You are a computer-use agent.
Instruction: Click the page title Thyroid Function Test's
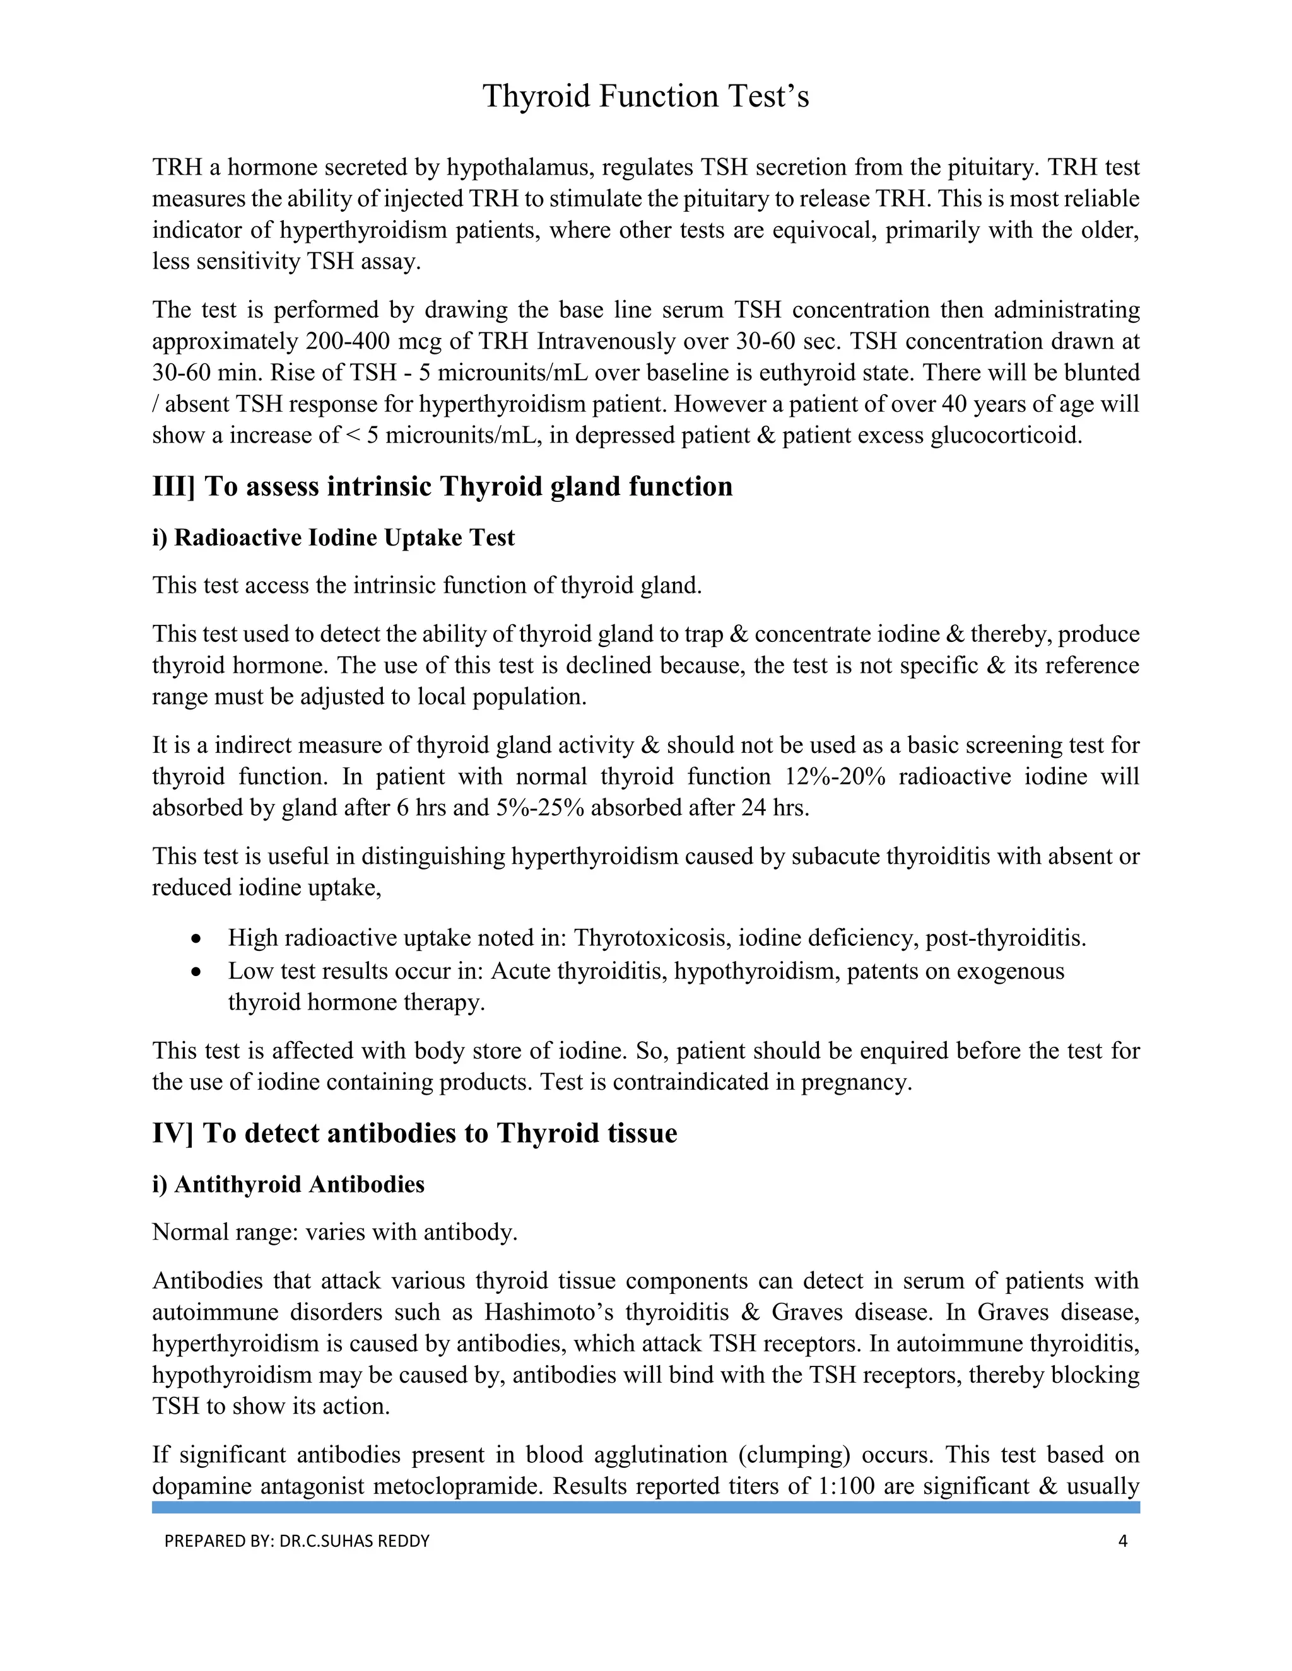[645, 96]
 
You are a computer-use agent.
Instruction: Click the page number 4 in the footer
[1123, 1541]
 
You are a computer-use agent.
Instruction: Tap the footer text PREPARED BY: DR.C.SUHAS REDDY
[297, 1541]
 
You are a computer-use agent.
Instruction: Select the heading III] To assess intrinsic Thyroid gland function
[442, 487]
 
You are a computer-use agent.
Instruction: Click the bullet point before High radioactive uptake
[197, 939]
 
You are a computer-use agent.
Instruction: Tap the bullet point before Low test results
[197, 972]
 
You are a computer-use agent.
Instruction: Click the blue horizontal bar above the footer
[645, 1507]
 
